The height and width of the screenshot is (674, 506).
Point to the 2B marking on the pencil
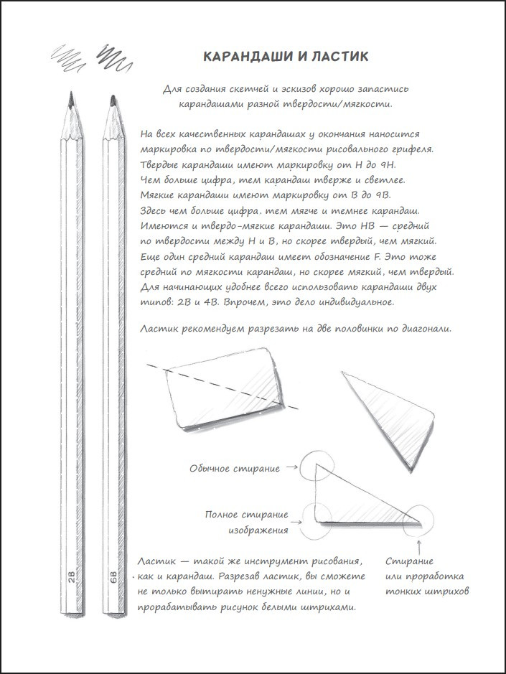(x=71, y=579)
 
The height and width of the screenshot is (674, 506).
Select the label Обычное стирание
(x=235, y=468)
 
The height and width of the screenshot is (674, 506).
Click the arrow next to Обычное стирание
(x=291, y=468)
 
